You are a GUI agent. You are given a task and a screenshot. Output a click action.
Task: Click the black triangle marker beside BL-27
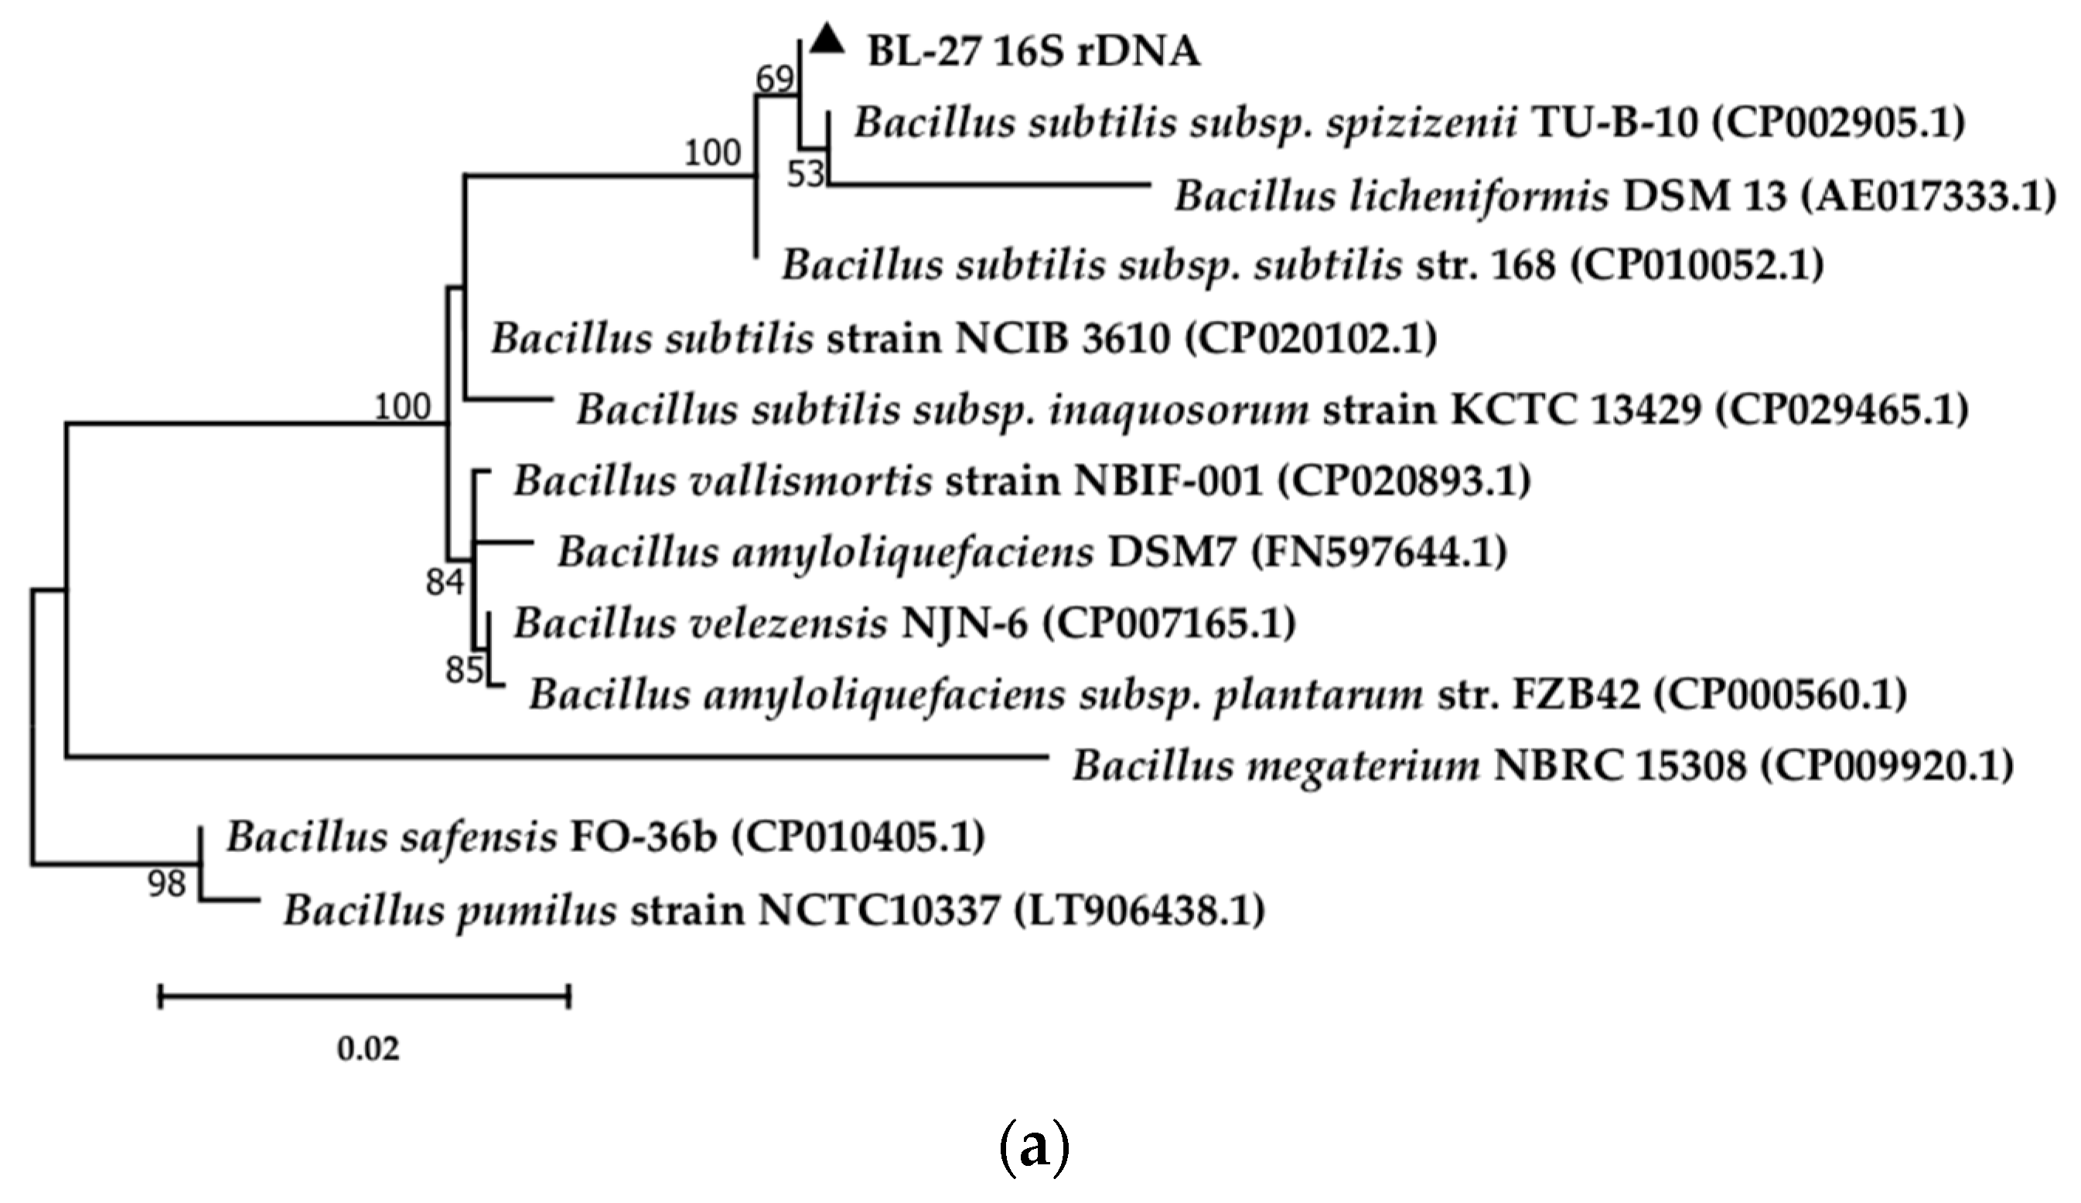click(827, 40)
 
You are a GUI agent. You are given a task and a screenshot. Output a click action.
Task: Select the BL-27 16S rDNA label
click(1033, 52)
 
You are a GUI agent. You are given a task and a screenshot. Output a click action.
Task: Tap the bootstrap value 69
click(776, 80)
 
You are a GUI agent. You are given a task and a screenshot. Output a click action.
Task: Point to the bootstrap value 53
click(806, 174)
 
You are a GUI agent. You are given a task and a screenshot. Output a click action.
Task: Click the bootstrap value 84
click(445, 583)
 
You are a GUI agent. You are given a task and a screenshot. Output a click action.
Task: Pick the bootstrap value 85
click(464, 670)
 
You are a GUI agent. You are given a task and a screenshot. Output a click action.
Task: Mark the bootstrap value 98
click(167, 884)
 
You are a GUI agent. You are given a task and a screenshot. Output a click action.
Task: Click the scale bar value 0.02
click(368, 1048)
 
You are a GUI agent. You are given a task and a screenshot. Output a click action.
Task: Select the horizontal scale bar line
click(364, 997)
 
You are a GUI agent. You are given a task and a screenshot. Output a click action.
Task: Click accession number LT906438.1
click(1139, 911)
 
